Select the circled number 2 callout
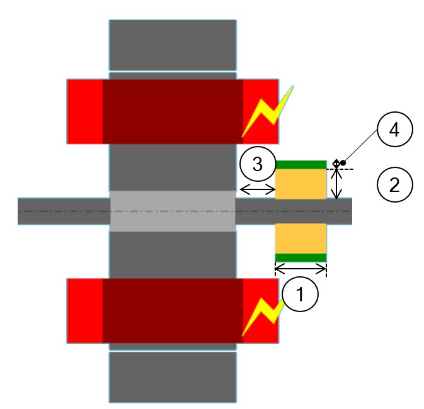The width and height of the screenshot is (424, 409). pos(394,185)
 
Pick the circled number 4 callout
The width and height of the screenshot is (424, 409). pos(394,131)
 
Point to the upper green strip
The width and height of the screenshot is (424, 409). pos(301,165)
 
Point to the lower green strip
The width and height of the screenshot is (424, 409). pos(301,257)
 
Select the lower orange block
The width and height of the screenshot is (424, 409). pos(301,238)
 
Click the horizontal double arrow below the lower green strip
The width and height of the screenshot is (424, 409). pos(301,270)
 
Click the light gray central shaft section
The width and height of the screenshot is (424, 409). pos(173,211)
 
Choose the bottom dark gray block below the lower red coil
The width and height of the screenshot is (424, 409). pos(173,376)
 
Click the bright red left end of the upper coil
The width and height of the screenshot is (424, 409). pos(85,111)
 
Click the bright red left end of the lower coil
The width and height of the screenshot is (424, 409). pos(85,311)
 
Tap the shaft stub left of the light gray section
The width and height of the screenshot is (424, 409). pos(63,211)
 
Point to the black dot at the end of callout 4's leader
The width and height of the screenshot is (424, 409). pos(343,163)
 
